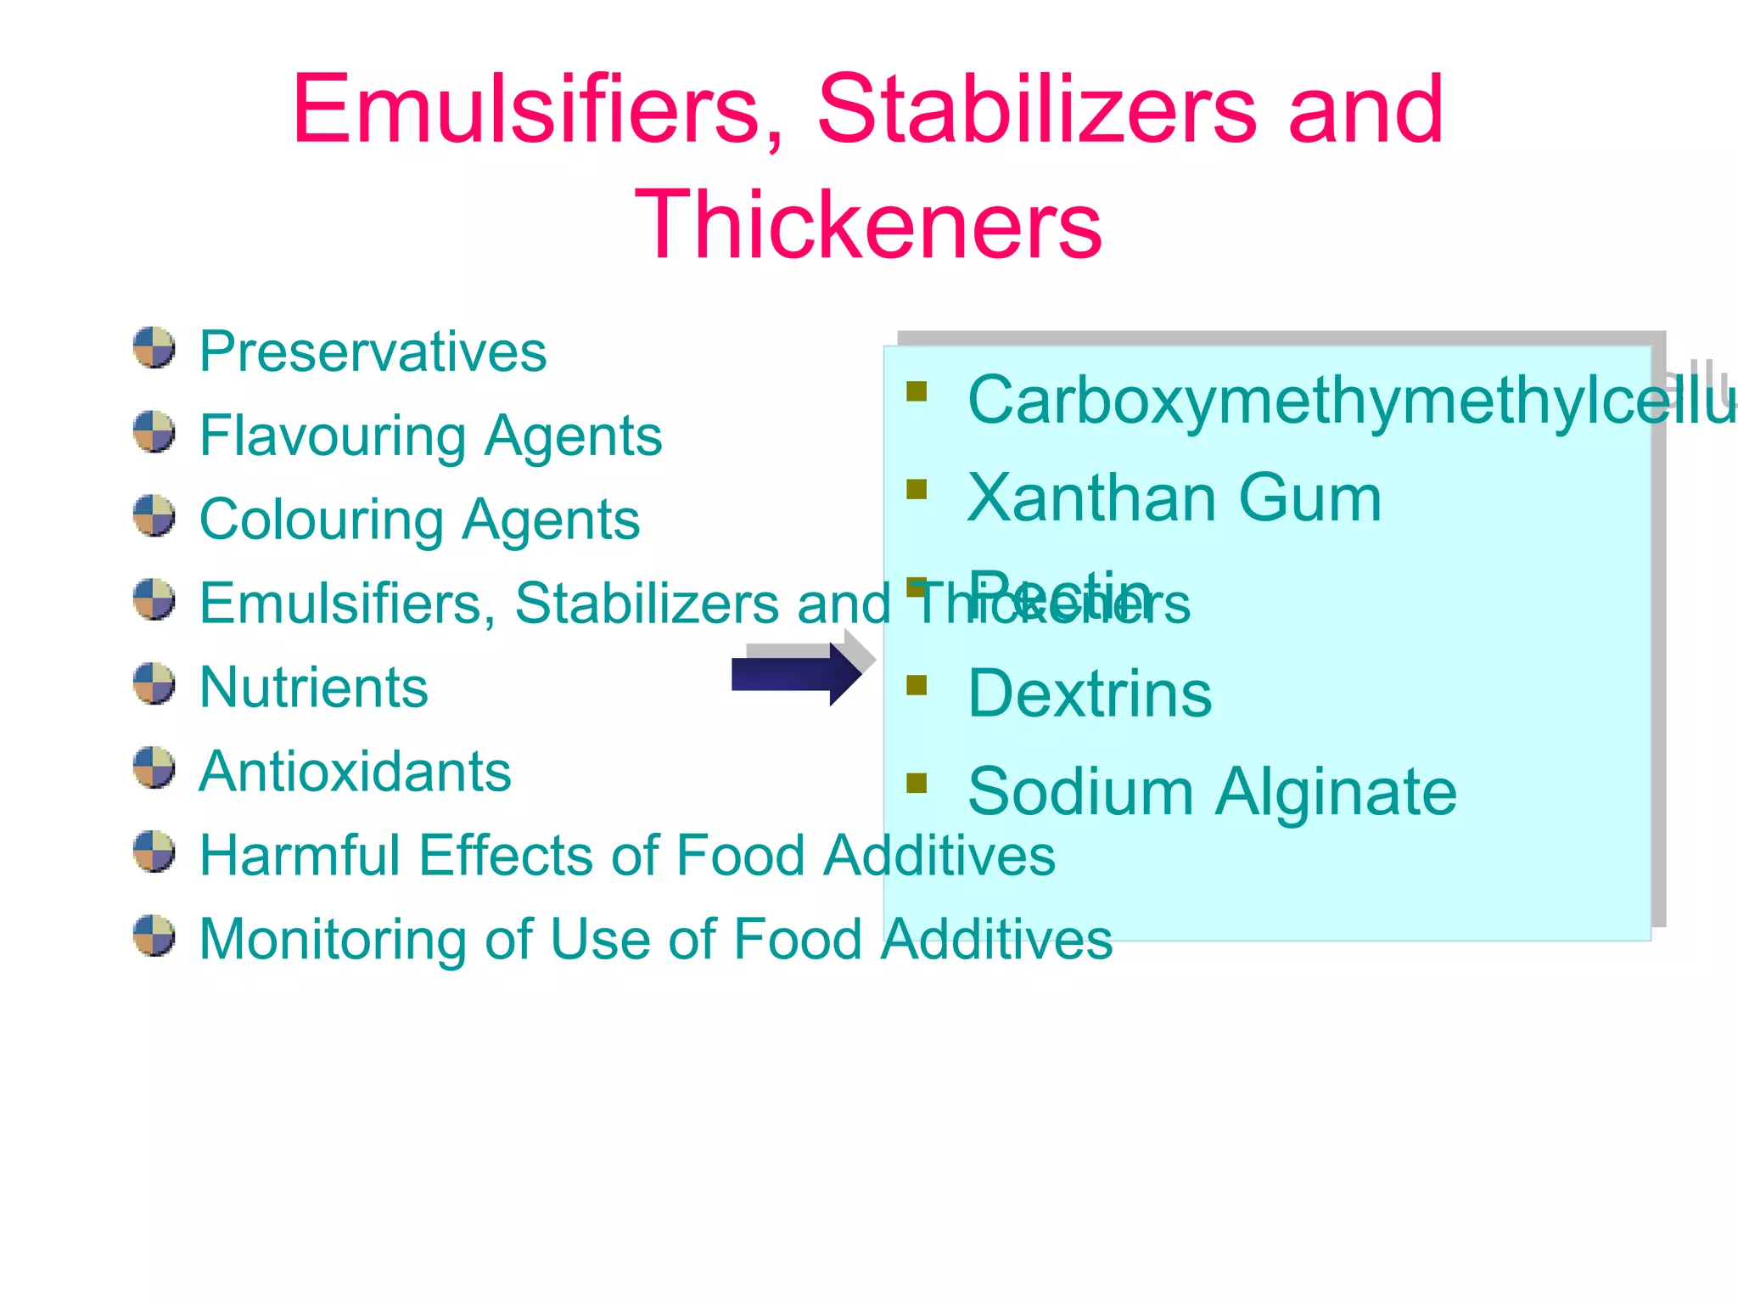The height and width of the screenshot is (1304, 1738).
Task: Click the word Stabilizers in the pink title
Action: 1036,110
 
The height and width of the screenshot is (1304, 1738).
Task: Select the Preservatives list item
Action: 373,351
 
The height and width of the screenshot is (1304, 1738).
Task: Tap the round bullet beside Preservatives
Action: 154,348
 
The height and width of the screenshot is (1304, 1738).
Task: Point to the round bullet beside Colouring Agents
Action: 154,516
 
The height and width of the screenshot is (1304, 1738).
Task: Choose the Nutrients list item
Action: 313,687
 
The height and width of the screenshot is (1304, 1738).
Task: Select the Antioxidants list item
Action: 355,772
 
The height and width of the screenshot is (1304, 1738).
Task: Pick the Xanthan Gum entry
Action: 1174,498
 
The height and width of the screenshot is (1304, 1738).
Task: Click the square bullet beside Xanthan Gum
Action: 917,490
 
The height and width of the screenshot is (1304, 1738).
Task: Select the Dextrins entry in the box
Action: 1090,694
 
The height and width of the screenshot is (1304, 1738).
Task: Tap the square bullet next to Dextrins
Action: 917,685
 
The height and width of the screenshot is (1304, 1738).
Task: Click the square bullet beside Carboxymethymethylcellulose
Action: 917,391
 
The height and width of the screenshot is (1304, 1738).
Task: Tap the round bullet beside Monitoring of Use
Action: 154,936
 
